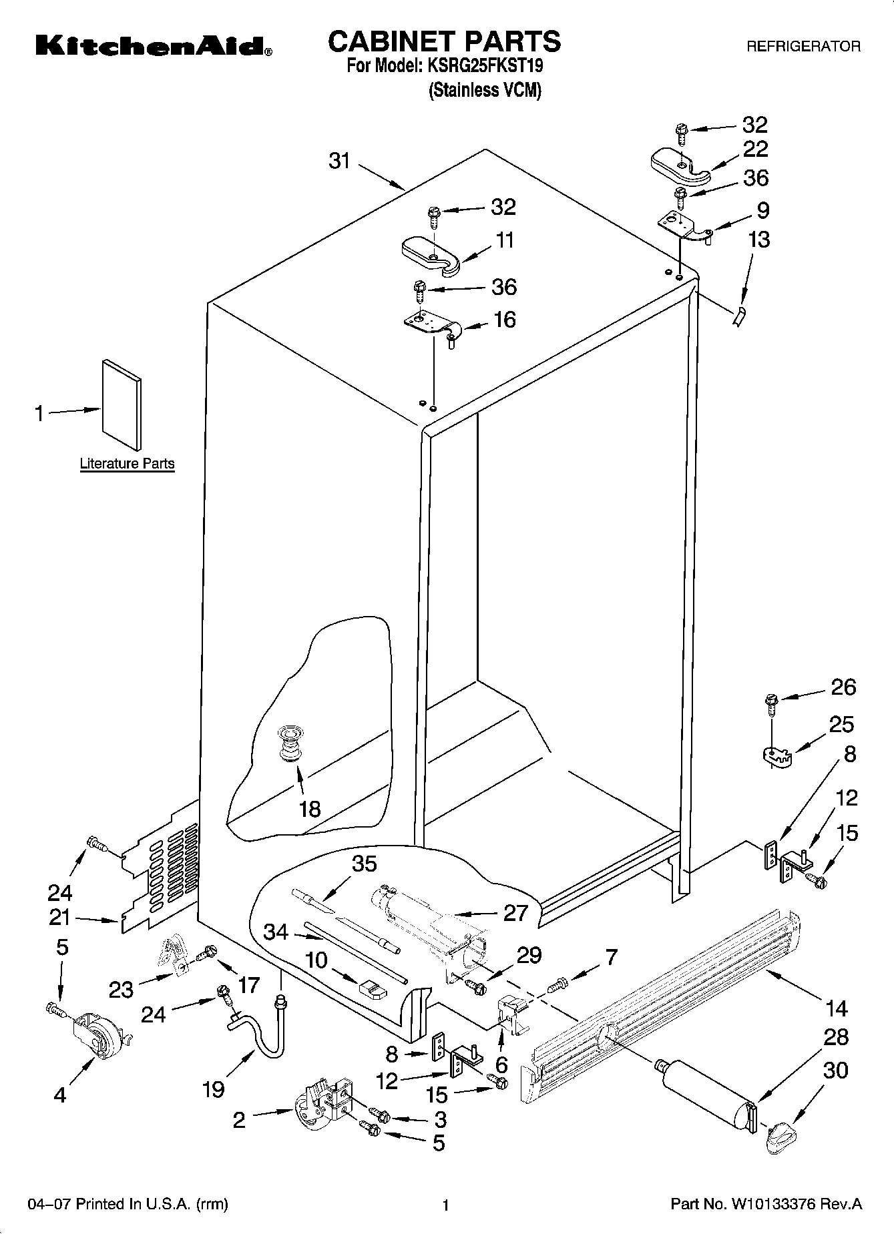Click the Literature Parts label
coord(127,463)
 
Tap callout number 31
coord(339,161)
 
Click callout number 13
coord(758,239)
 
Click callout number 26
coord(843,687)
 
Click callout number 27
coord(515,912)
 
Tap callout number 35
coord(365,864)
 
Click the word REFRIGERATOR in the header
coord(803,47)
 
